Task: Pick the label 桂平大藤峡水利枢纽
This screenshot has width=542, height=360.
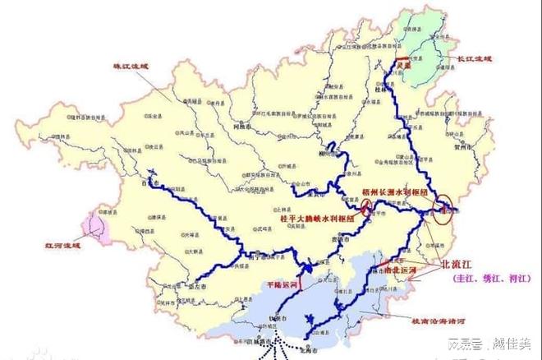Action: tap(315, 221)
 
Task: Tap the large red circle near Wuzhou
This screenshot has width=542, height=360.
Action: tap(448, 204)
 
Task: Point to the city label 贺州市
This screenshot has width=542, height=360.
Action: tap(466, 151)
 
